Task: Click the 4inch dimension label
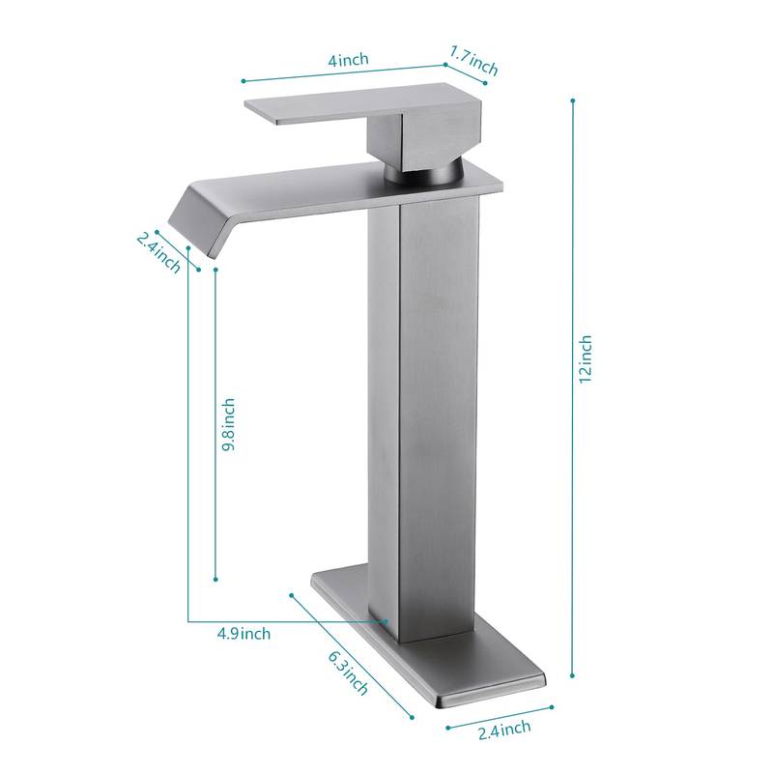click(x=348, y=60)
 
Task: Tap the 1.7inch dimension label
click(x=473, y=64)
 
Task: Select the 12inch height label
click(x=586, y=358)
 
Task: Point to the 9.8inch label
click(x=228, y=427)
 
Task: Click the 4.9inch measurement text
click(x=243, y=634)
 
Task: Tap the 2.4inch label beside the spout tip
click(x=158, y=250)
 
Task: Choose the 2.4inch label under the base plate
click(x=503, y=727)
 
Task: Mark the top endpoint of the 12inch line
click(x=573, y=100)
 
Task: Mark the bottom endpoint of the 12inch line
click(x=573, y=676)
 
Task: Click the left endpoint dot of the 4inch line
click(x=243, y=80)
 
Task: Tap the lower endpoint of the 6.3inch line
click(x=413, y=716)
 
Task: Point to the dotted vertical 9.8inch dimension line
click(x=213, y=425)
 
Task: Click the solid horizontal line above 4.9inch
click(x=290, y=620)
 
